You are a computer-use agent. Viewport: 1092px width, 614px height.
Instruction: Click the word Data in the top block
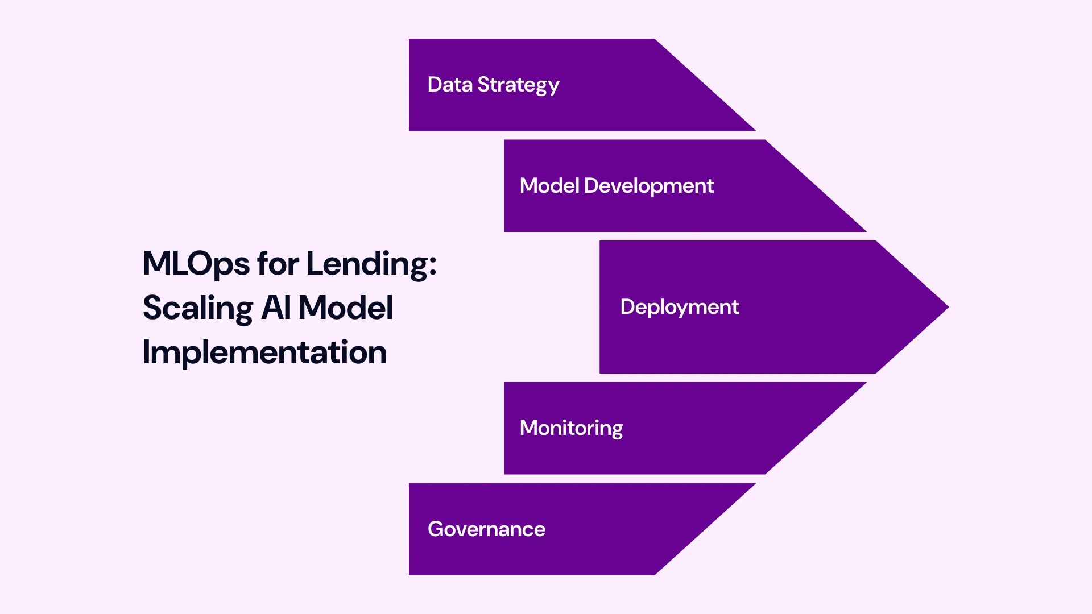point(450,85)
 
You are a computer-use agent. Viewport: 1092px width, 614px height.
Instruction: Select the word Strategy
point(518,85)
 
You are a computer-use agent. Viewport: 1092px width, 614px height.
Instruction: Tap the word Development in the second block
point(648,186)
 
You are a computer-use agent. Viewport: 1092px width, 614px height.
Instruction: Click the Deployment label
point(679,307)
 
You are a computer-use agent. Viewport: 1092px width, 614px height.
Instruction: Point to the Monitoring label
point(571,428)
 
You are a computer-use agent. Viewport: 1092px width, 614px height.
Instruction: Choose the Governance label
point(486,529)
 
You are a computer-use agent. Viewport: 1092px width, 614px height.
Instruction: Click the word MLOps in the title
point(196,264)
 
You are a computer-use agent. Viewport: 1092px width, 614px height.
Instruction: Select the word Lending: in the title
point(371,264)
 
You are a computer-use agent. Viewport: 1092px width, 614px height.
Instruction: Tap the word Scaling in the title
point(197,309)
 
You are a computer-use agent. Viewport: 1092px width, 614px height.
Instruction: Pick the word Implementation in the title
point(264,352)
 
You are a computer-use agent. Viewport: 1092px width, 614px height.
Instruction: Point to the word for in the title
point(278,264)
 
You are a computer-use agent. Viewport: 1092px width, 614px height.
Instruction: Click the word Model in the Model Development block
point(549,186)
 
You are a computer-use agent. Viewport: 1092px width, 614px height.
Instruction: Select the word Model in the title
point(345,308)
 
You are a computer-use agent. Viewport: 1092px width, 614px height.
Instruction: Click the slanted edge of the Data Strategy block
point(705,85)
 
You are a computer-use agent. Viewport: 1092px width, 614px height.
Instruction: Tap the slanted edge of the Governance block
point(705,529)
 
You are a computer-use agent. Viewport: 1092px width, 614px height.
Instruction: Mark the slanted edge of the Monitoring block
point(816,428)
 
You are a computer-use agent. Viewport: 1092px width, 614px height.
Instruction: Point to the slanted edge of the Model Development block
point(816,186)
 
